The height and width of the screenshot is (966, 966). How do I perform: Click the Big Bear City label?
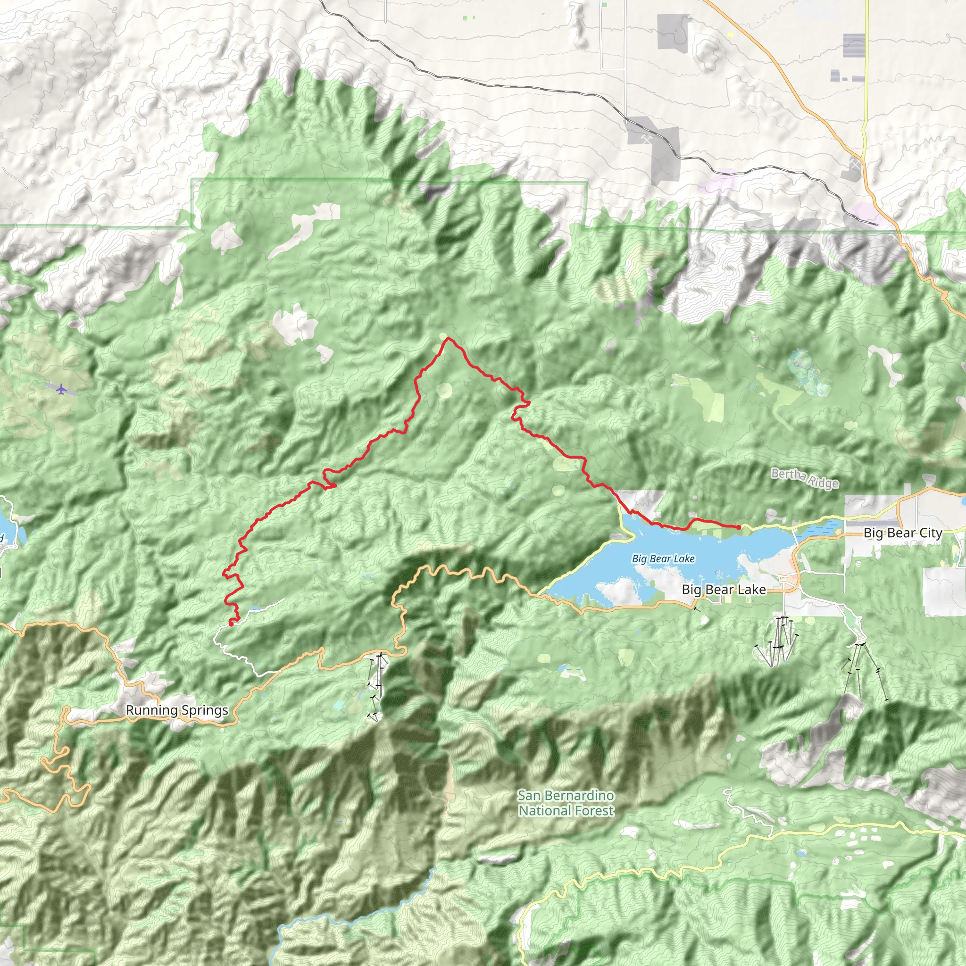click(x=902, y=533)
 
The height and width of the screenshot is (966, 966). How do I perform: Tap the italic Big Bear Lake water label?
click(x=663, y=558)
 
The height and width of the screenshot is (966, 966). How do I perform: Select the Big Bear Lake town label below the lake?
click(x=724, y=590)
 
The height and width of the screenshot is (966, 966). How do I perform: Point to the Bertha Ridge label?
click(x=805, y=478)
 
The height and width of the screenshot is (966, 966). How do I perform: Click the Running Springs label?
click(x=177, y=710)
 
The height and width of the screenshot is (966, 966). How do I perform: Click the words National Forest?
click(x=566, y=810)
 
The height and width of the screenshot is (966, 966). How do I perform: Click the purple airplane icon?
click(x=61, y=389)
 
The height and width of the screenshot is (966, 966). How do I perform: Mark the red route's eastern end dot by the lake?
click(x=739, y=527)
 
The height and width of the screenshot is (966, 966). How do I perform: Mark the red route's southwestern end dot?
click(x=231, y=624)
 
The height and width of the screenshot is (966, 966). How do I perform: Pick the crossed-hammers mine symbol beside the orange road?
click(x=856, y=164)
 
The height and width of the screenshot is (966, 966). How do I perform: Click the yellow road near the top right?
click(x=866, y=75)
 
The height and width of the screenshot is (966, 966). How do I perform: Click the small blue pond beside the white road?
click(x=253, y=609)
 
